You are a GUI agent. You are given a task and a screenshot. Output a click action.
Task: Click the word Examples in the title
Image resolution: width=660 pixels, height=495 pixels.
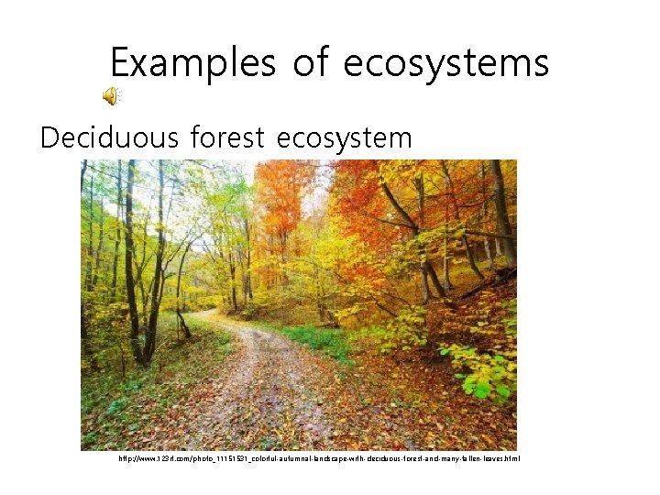coord(192,62)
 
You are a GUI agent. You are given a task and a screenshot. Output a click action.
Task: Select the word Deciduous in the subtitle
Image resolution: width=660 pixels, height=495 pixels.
coord(108,137)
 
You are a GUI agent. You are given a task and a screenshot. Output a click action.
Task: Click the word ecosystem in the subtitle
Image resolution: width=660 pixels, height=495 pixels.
coord(344,139)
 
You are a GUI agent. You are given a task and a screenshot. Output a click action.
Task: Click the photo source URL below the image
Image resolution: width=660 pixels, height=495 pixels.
coord(319,457)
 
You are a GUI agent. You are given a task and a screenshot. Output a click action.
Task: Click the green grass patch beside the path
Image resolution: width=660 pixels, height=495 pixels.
coord(316,339)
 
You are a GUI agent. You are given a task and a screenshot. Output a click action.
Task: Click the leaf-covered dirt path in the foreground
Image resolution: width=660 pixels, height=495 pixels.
coord(266,403)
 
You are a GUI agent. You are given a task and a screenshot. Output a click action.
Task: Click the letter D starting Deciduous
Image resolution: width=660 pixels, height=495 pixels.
coord(49,137)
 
